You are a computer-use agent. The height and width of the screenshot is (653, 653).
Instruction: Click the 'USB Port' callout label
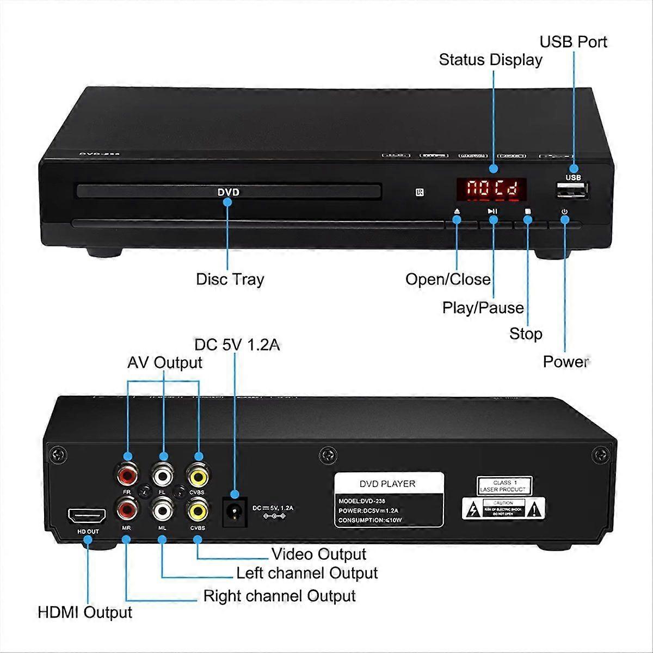pyautogui.click(x=573, y=42)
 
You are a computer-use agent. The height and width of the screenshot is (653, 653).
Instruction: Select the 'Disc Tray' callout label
pyautogui.click(x=230, y=279)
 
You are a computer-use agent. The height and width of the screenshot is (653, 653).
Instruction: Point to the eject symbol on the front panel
pyautogui.click(x=457, y=211)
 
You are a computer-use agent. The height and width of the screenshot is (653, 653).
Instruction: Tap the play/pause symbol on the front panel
pyautogui.click(x=492, y=211)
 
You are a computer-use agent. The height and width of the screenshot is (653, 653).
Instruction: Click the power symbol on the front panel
pyautogui.click(x=565, y=211)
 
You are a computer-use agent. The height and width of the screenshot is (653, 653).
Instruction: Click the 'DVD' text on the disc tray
pyautogui.click(x=228, y=192)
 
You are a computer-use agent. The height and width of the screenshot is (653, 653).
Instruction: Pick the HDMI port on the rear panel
pyautogui.click(x=86, y=515)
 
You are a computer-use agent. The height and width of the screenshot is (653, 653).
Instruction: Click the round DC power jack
pyautogui.click(x=235, y=512)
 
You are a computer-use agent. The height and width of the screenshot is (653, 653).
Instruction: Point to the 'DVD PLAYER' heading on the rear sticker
pyautogui.click(x=387, y=484)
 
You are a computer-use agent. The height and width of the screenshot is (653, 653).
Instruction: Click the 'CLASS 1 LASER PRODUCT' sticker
pyautogui.click(x=504, y=485)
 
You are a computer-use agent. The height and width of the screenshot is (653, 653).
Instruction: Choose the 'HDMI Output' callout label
pyautogui.click(x=85, y=612)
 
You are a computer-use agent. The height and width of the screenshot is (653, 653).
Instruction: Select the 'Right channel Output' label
pyautogui.click(x=279, y=596)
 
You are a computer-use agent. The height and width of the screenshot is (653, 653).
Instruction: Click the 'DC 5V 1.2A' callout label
pyautogui.click(x=237, y=345)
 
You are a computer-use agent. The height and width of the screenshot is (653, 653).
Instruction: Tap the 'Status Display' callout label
pyautogui.click(x=490, y=60)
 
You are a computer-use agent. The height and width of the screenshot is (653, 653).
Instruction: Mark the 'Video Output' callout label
pyautogui.click(x=319, y=555)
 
